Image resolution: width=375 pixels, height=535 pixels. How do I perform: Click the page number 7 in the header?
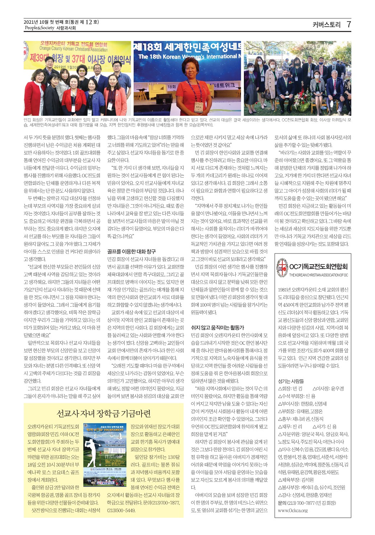tap(348, 24)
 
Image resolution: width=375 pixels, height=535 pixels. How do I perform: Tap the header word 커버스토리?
tap(326, 25)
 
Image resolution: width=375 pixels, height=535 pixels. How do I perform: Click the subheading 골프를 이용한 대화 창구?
tap(131, 251)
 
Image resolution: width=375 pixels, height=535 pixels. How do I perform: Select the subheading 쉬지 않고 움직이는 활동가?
tap(217, 328)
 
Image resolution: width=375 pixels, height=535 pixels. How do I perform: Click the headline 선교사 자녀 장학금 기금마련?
tap(104, 413)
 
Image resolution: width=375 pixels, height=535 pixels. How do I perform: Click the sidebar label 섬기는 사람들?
tap(291, 381)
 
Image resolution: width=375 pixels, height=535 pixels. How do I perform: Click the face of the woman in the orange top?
tap(187, 74)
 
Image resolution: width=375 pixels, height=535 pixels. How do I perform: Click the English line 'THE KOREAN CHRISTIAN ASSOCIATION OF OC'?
tap(319, 275)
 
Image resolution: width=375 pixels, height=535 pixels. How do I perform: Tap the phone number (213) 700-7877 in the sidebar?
tap(300, 503)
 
